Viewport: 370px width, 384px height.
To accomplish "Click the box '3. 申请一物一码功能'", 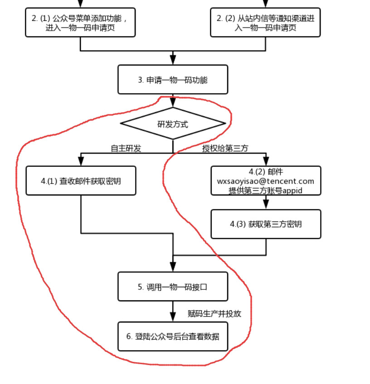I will point(173,80).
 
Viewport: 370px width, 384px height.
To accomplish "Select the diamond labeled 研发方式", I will point(173,123).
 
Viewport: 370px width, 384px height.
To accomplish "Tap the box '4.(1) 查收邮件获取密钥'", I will point(81,181).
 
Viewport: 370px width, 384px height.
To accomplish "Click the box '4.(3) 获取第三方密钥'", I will point(266,224).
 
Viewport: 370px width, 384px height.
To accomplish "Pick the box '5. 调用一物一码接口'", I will point(173,286).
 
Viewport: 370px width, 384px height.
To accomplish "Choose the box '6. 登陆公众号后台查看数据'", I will point(173,336).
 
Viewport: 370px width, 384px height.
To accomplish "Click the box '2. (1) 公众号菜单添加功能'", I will point(80,23).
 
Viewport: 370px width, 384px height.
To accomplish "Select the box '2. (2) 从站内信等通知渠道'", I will point(265,23).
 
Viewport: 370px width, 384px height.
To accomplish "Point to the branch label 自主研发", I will point(126,148).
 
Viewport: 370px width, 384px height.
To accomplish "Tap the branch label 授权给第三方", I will point(225,148).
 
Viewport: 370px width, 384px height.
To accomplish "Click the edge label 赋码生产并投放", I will point(214,313).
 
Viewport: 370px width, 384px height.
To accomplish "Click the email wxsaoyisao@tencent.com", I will point(266,181).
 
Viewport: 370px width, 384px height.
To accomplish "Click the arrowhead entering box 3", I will point(173,61).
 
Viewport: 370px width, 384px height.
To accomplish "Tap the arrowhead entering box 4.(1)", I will point(81,161).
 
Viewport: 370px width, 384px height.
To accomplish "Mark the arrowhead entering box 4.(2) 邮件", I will point(266,161).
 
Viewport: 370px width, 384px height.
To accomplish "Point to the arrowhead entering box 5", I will point(173,267).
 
